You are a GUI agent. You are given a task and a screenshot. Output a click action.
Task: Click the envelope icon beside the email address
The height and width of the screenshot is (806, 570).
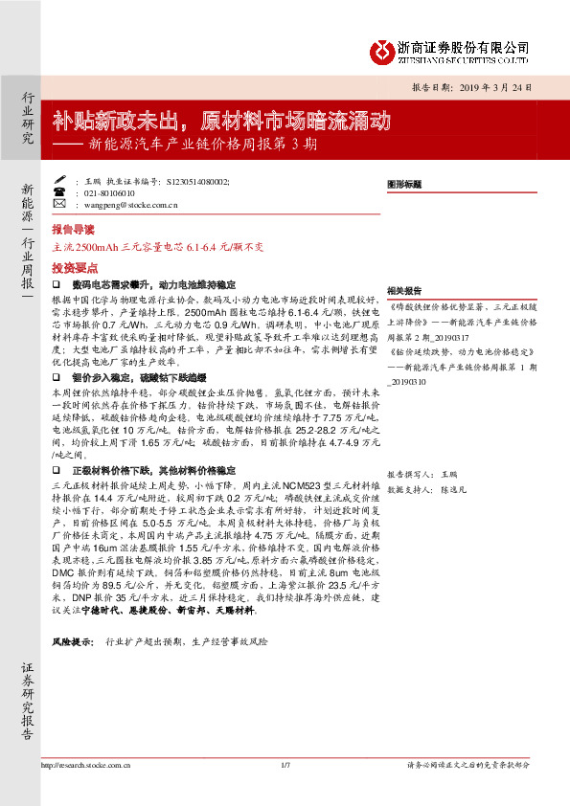tap(59, 204)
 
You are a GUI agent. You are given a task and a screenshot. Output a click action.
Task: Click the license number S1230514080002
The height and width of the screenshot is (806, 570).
tap(197, 179)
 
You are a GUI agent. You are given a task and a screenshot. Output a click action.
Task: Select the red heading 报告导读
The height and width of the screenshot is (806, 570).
tap(74, 230)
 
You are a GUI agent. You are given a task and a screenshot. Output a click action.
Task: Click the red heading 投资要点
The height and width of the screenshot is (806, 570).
tap(74, 269)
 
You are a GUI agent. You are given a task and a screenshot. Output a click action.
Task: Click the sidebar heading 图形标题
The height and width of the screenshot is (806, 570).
tap(404, 182)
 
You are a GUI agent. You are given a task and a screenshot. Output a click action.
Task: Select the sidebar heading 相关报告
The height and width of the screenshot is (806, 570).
tap(404, 290)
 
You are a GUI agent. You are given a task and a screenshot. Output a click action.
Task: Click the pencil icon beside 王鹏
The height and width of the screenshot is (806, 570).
tap(59, 179)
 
